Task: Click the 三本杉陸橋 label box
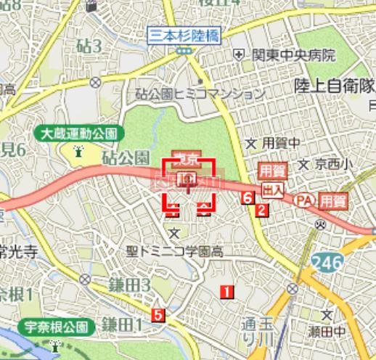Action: coord(186,34)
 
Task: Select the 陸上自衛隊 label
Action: coord(335,86)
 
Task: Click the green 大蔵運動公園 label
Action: coord(79,134)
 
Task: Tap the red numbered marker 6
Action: coord(248,197)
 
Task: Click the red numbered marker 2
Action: coord(261,210)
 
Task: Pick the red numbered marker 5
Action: coord(158,315)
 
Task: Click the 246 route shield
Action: coord(328,263)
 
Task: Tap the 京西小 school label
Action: coord(333,164)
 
